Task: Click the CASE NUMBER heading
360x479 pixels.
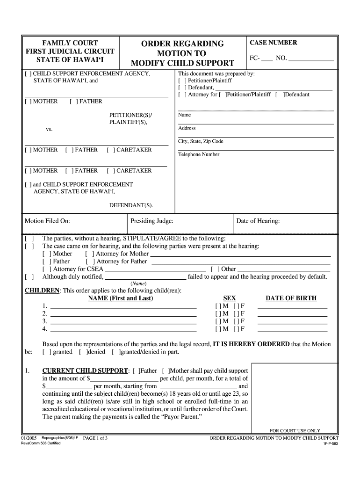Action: point(273,43)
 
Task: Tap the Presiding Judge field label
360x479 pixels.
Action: point(152,221)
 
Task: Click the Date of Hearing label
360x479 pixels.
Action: point(258,221)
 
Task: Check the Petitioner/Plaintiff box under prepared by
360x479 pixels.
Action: point(183,80)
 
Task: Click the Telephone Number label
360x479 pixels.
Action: point(199,154)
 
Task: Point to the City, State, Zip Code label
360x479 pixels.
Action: point(201,141)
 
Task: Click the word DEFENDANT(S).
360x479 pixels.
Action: point(131,205)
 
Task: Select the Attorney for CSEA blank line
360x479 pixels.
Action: point(155,269)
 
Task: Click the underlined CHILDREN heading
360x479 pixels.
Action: point(42,290)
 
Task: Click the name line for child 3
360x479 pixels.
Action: point(123,321)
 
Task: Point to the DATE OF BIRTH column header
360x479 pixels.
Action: point(291,298)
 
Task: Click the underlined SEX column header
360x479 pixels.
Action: point(230,298)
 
